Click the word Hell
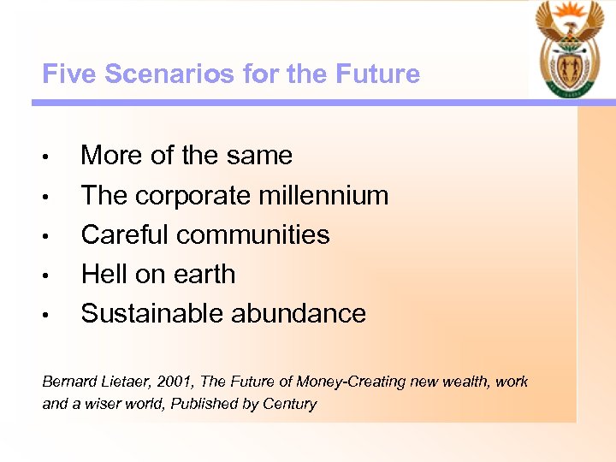coord(104,274)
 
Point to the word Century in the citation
coord(291,404)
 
